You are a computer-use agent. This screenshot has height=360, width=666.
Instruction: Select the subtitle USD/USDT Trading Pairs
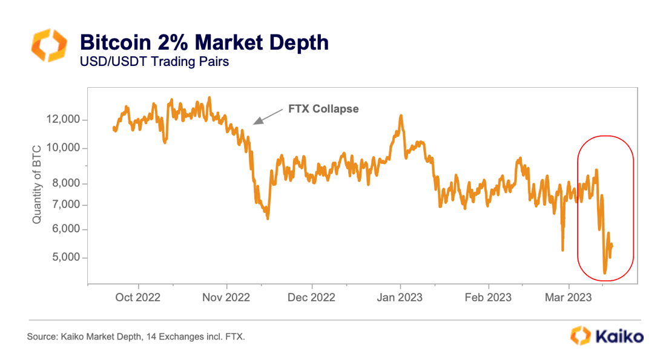pyautogui.click(x=154, y=62)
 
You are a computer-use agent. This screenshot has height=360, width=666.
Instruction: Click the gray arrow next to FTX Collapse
pyautogui.click(x=267, y=117)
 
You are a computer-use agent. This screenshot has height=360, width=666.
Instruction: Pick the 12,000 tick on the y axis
pyautogui.click(x=63, y=120)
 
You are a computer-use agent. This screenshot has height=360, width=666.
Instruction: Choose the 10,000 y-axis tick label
pyautogui.click(x=63, y=148)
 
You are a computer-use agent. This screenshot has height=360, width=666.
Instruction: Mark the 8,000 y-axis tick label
pyautogui.click(x=65, y=183)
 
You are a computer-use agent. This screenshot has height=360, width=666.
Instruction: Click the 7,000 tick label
pyautogui.click(x=65, y=205)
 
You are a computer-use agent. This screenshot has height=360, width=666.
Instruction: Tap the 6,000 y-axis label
pyautogui.click(x=65, y=230)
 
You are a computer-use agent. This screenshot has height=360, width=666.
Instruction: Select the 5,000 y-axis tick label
pyautogui.click(x=65, y=258)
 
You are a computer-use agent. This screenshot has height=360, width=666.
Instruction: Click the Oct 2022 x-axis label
pyautogui.click(x=139, y=297)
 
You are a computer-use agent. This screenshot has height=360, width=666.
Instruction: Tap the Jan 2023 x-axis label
pyautogui.click(x=400, y=297)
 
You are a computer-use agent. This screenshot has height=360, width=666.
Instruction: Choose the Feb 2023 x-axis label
pyautogui.click(x=489, y=297)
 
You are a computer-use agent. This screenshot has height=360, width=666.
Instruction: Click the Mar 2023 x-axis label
pyautogui.click(x=569, y=297)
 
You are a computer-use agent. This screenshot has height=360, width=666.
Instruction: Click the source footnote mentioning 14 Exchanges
pyautogui.click(x=136, y=336)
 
